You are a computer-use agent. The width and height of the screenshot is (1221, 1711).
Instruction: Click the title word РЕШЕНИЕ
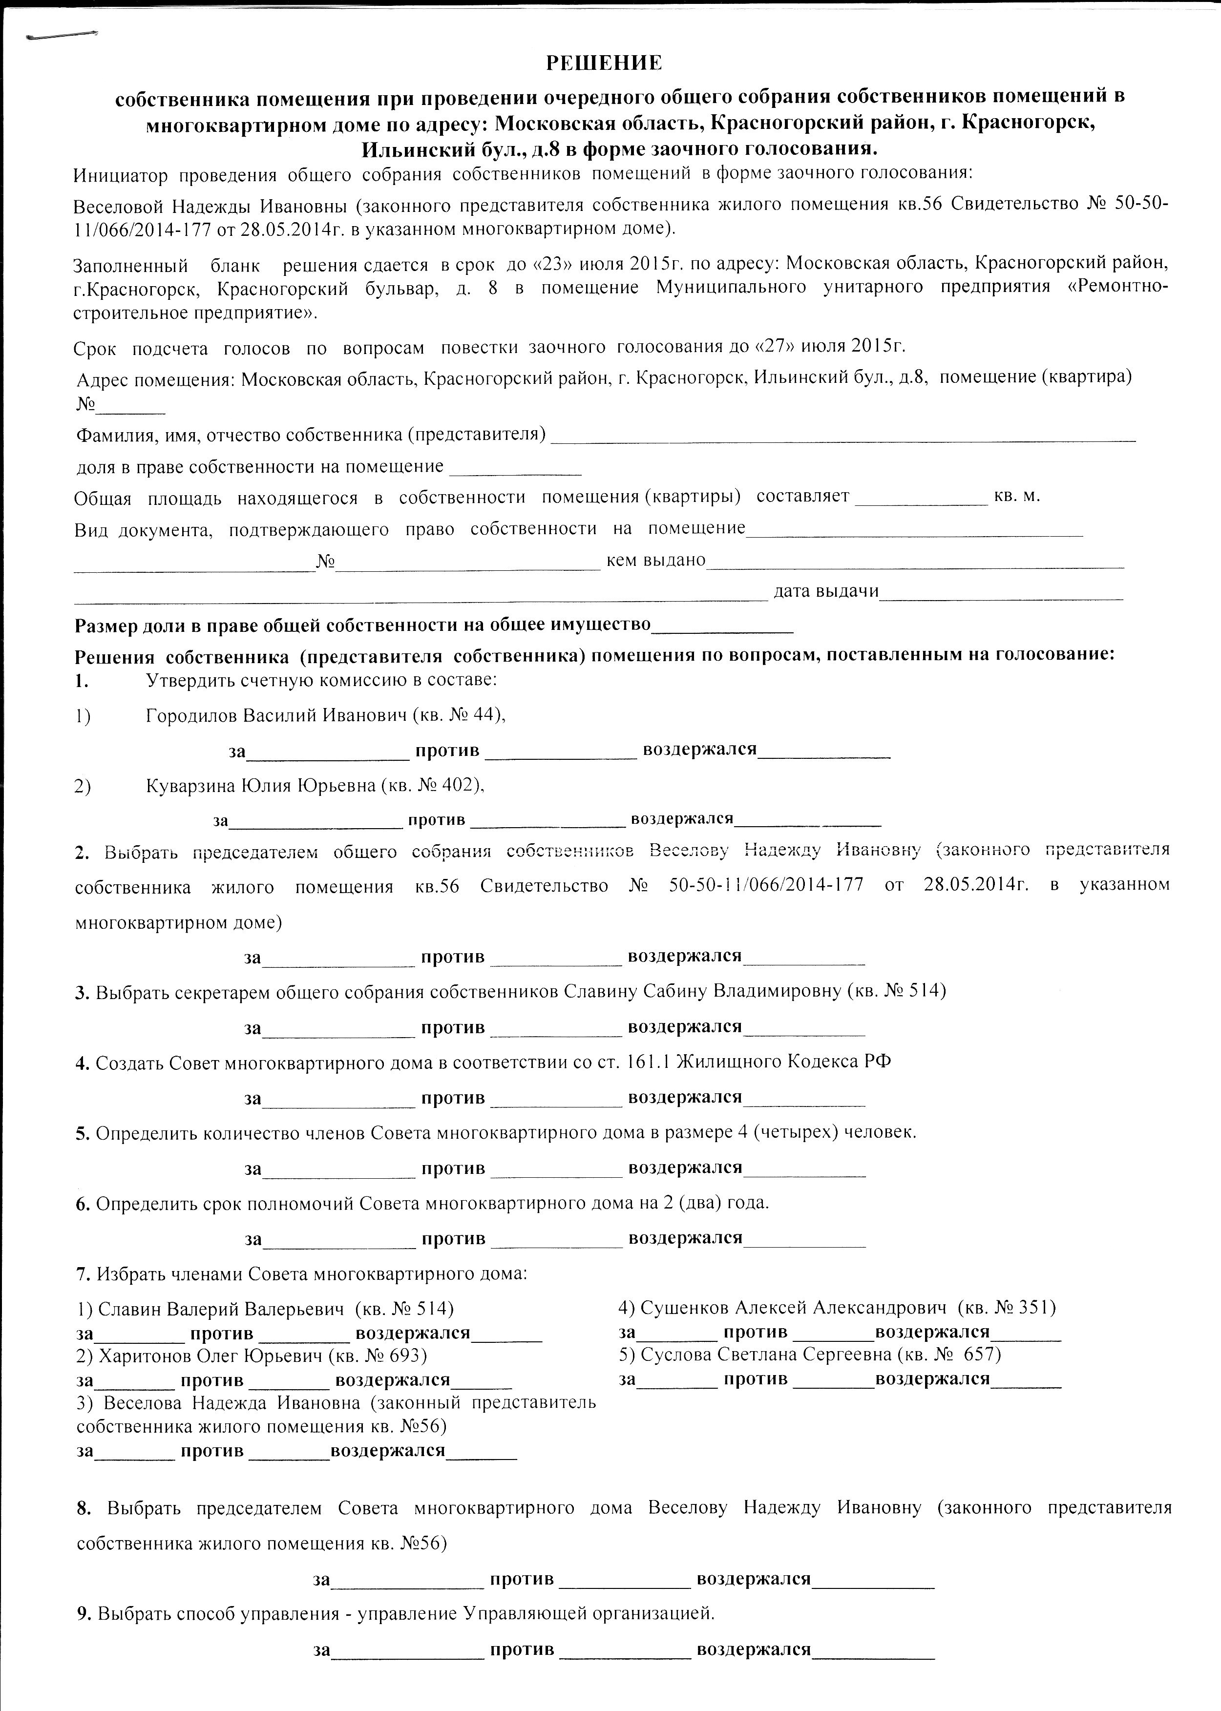[x=604, y=63]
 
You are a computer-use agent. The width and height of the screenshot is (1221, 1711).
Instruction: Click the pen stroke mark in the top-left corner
[x=62, y=35]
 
